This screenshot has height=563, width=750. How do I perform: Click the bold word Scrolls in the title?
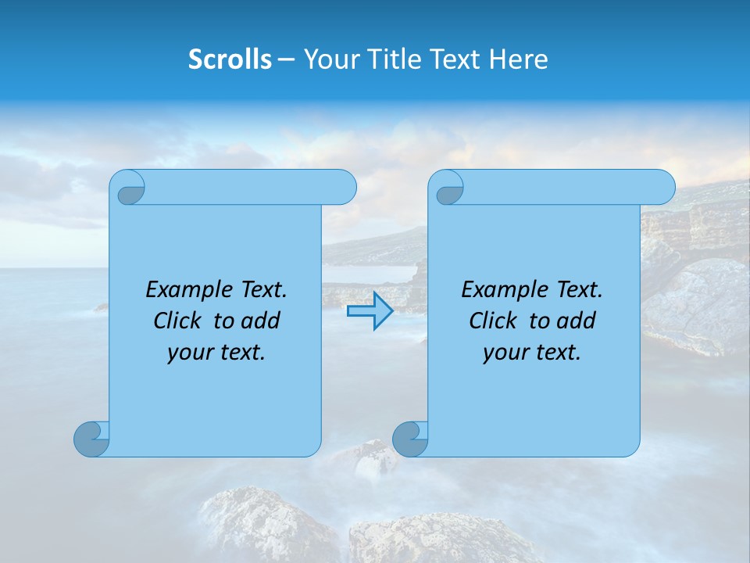coord(230,59)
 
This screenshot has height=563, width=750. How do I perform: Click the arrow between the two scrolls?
coord(370,311)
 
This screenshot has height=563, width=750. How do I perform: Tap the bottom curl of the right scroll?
coord(410,439)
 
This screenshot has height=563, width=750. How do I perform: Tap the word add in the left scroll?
coord(261,321)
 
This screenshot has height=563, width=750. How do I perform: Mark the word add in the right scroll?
coord(577,321)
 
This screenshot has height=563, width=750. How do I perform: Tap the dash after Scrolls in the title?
coord(286,59)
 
